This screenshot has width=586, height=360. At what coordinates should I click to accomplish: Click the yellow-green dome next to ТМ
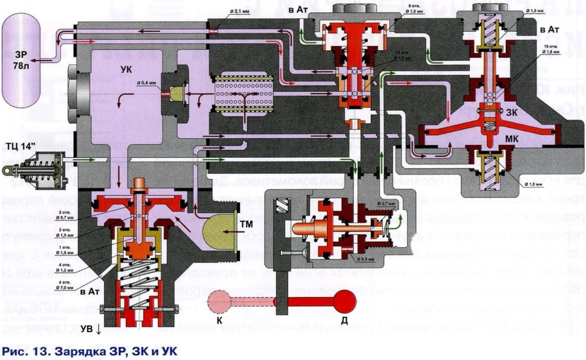coord(217,236)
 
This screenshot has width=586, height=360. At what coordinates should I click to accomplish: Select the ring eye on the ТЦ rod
coord(7,170)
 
